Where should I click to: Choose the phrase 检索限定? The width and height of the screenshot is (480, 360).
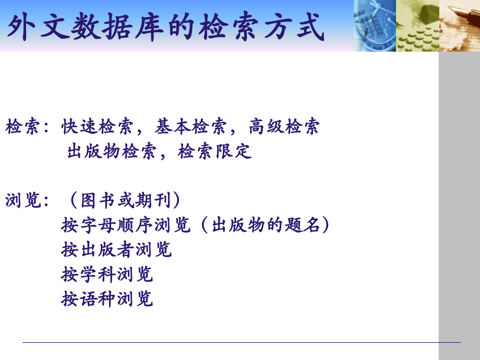tap(214, 152)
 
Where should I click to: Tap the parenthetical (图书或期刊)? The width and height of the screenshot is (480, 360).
tap(125, 201)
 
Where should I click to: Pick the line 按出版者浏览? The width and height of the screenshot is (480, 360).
tap(116, 250)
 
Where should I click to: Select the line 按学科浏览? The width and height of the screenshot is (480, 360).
tap(107, 274)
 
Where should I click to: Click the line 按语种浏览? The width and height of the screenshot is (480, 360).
tap(107, 299)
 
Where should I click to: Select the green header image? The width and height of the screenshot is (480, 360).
tap(417, 26)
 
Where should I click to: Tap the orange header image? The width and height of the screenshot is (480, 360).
tap(459, 26)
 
